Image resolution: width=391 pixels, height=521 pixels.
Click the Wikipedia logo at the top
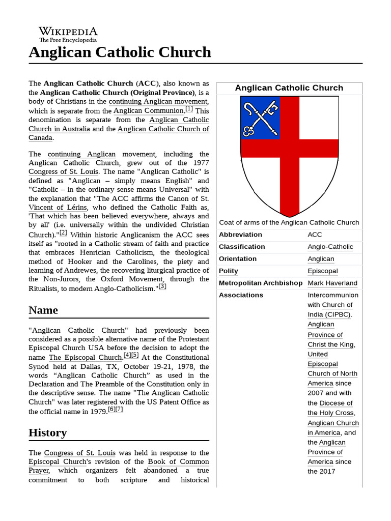click(x=68, y=34)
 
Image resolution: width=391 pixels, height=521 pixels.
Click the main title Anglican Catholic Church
click(x=120, y=52)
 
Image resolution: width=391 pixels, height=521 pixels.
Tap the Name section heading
click(x=43, y=310)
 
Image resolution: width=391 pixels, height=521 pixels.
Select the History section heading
click(x=48, y=432)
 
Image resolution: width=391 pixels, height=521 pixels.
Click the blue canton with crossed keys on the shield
click(x=260, y=118)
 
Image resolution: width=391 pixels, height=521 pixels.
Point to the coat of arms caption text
click(x=289, y=222)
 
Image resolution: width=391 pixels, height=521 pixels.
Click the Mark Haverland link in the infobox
click(x=332, y=283)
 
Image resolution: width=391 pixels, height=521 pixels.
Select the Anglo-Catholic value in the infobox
click(x=330, y=247)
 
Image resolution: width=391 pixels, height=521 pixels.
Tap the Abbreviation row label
click(x=240, y=235)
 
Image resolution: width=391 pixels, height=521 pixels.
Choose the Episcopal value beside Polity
click(x=322, y=271)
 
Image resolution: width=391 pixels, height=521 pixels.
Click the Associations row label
click(x=241, y=295)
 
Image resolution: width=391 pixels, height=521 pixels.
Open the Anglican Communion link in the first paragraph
click(x=148, y=110)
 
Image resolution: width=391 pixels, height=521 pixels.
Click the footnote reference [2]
click(x=63, y=233)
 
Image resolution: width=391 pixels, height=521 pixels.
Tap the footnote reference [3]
click(x=162, y=286)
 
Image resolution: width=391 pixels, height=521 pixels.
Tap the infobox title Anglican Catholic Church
click(x=289, y=88)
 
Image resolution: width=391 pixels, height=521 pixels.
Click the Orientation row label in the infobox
click(x=237, y=258)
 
